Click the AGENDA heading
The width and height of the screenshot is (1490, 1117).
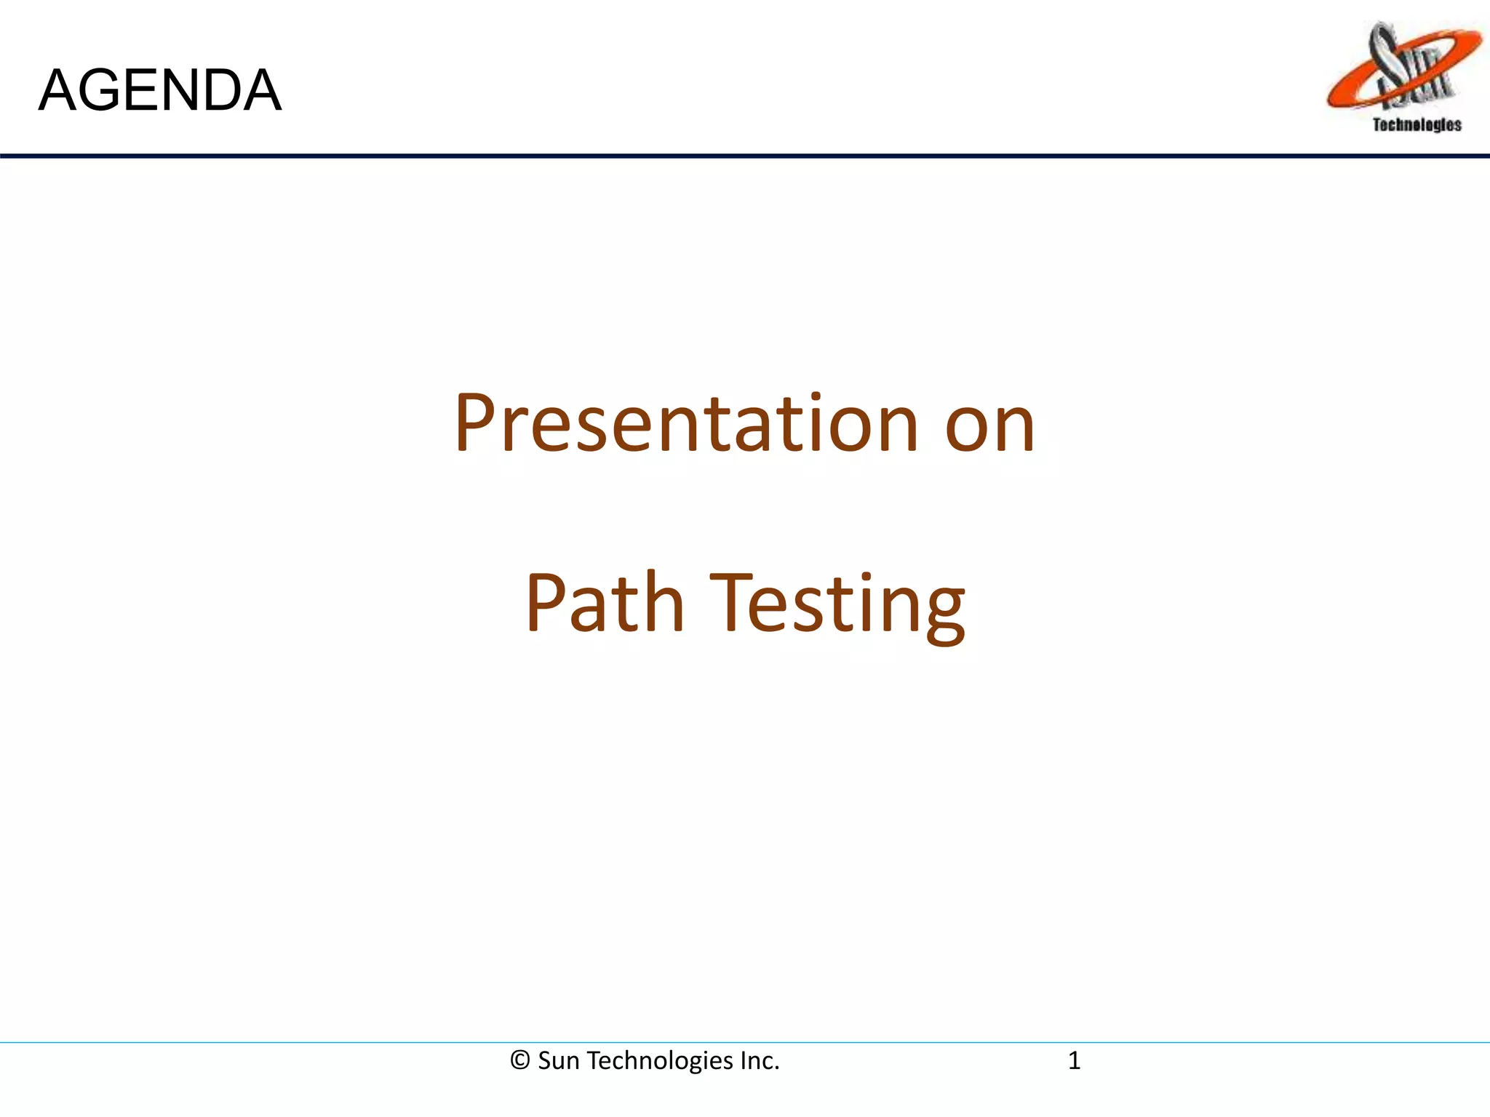(159, 90)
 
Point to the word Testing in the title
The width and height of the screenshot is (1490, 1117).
(837, 605)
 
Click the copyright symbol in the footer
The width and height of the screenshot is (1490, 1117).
(519, 1060)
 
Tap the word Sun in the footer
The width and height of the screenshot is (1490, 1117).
(559, 1060)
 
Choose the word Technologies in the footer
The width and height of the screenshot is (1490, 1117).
(660, 1061)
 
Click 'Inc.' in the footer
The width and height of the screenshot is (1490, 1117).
(760, 1060)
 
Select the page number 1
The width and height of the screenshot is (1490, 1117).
(1074, 1060)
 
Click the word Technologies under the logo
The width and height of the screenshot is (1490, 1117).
(1417, 125)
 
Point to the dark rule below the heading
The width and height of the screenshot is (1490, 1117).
(745, 156)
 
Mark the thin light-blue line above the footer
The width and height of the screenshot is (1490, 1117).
(745, 1042)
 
